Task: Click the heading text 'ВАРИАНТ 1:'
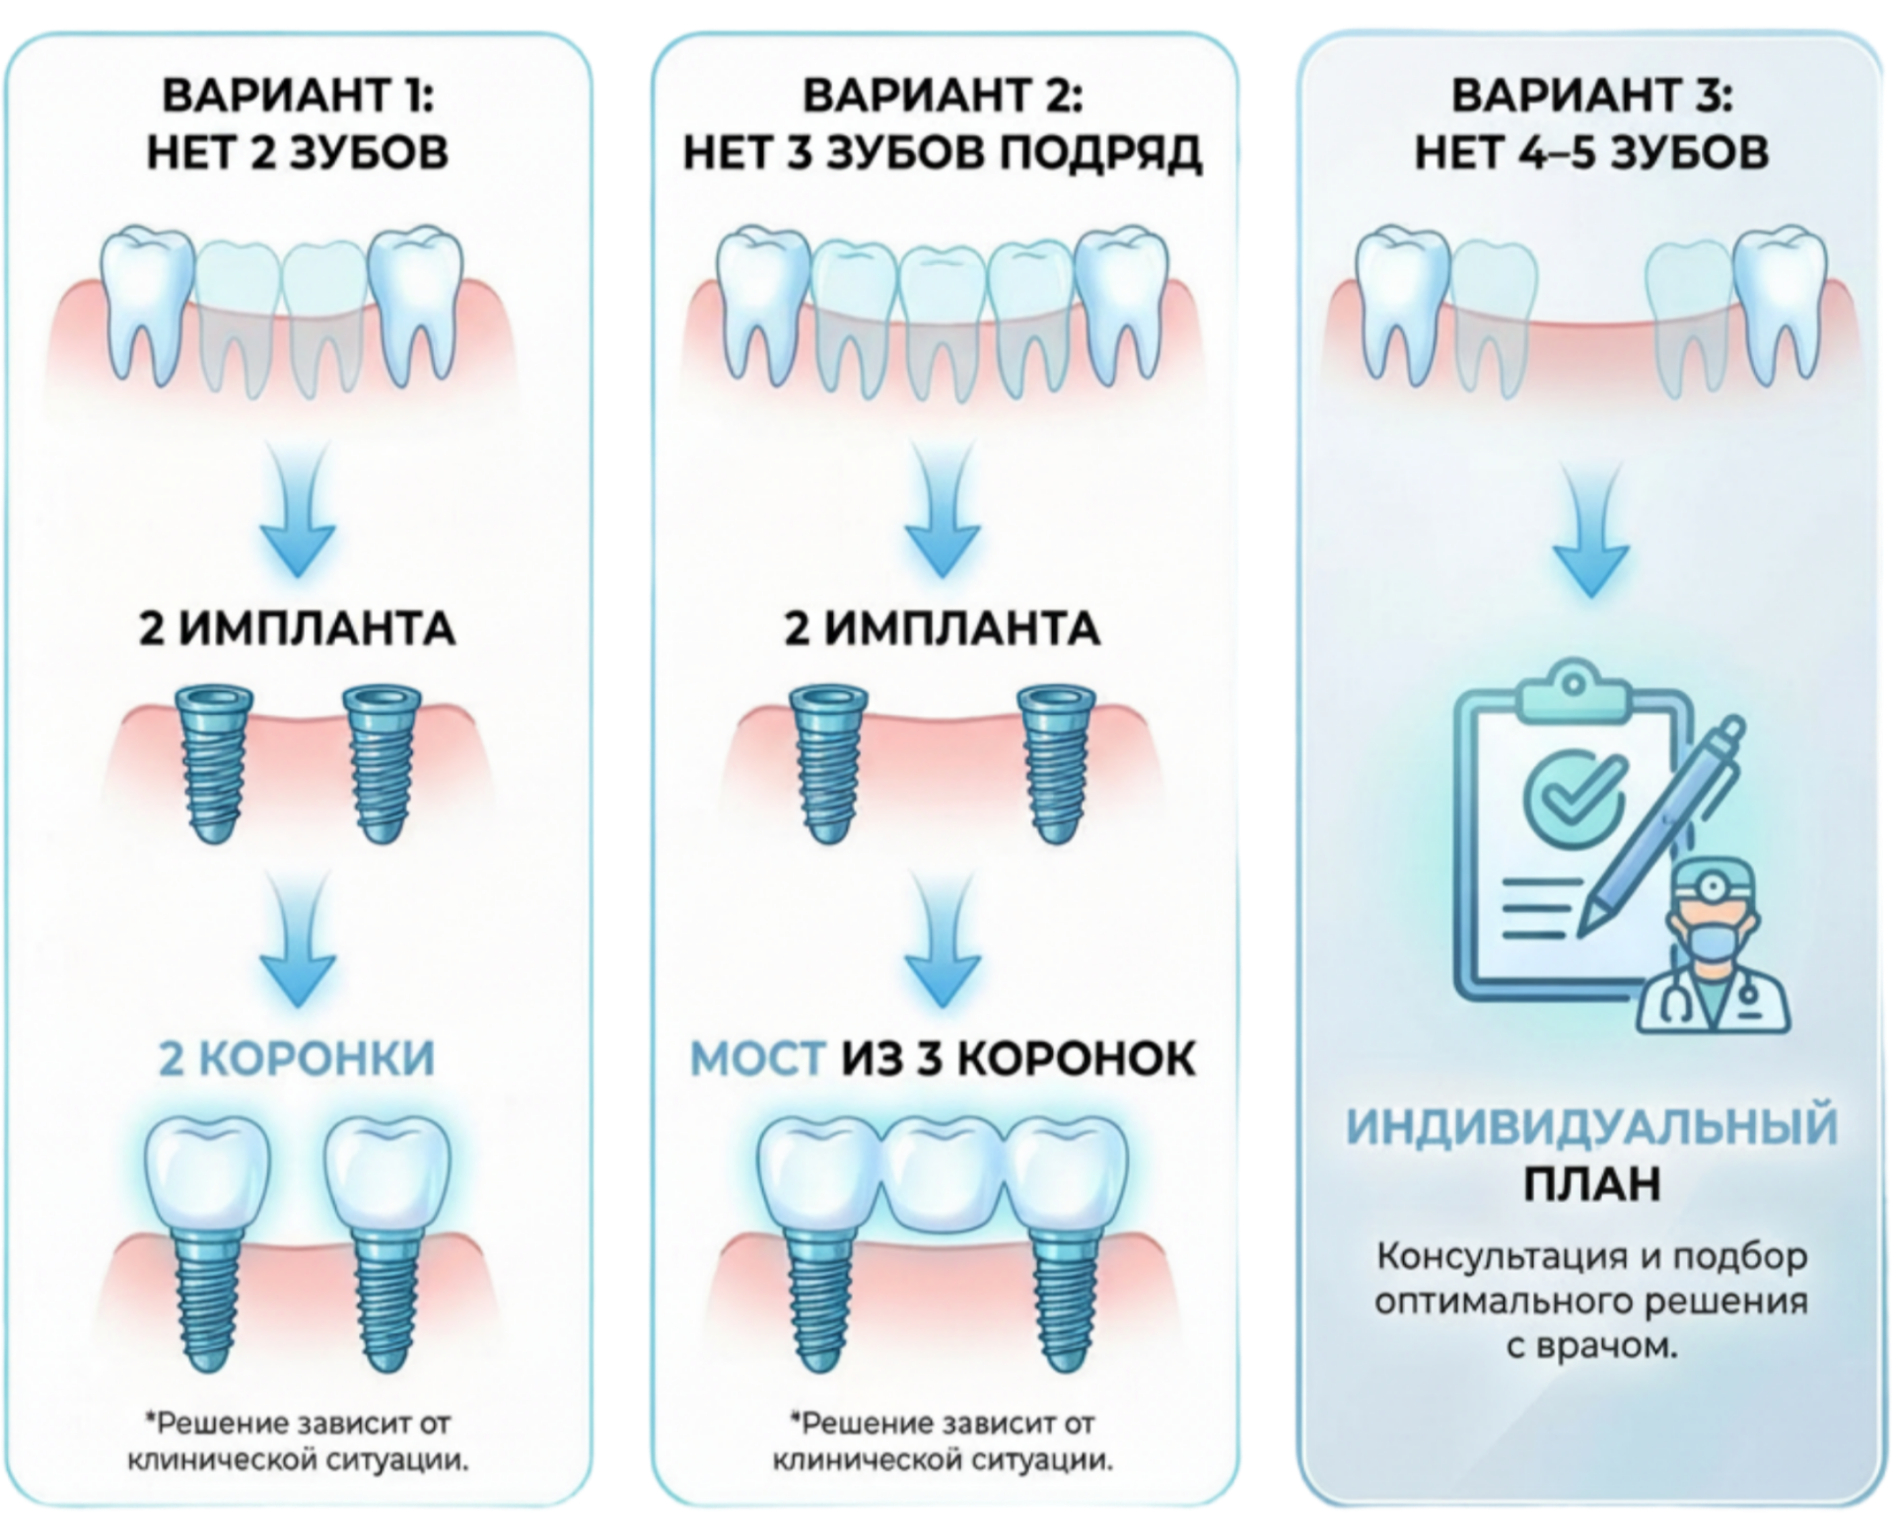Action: [x=298, y=96]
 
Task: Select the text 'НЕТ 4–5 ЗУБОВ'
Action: [x=1591, y=153]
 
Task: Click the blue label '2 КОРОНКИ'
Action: [x=297, y=1059]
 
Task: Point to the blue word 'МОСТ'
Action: [x=757, y=1059]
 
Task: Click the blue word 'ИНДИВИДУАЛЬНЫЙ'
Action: [x=1591, y=1127]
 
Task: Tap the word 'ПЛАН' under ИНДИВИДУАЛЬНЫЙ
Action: [x=1591, y=1184]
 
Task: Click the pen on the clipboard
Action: [x=1662, y=825]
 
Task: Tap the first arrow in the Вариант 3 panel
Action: [x=1591, y=530]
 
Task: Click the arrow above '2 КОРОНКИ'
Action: [x=298, y=941]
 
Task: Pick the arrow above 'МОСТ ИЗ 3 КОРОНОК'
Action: [x=943, y=941]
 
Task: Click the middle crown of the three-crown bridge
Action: [x=943, y=1175]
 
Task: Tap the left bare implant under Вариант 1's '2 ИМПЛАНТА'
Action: [x=214, y=765]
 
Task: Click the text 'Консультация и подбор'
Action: [x=1591, y=1257]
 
